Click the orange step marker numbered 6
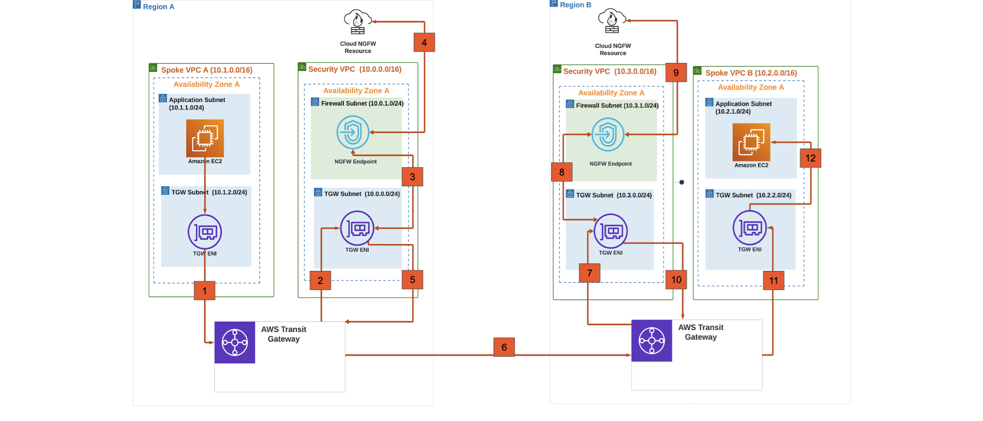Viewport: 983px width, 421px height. (504, 347)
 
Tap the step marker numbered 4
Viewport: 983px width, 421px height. (424, 43)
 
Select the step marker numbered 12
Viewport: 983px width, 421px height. (810, 158)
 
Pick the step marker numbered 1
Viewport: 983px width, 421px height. (204, 291)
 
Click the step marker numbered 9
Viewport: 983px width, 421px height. (676, 73)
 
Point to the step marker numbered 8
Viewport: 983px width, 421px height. (561, 172)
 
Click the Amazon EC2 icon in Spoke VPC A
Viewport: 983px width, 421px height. (205, 138)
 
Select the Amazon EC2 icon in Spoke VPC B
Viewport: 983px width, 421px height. (751, 142)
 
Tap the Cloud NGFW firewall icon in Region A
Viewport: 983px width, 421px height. (357, 22)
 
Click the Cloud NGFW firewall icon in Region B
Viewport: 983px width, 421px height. (612, 21)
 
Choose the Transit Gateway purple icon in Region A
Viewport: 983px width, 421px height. (235, 343)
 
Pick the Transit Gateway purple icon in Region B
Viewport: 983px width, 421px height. (651, 341)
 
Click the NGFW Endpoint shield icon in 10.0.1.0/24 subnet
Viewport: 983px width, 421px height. (353, 132)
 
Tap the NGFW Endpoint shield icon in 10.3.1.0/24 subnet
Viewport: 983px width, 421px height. (608, 135)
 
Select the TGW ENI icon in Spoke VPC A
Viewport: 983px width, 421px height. (205, 232)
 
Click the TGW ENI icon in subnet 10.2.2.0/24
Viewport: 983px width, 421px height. (749, 228)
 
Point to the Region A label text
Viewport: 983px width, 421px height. (159, 7)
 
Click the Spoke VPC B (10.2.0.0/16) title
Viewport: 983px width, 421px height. (751, 73)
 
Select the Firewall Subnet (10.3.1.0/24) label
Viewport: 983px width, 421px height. (617, 106)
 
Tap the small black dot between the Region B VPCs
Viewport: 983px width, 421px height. (681, 182)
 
